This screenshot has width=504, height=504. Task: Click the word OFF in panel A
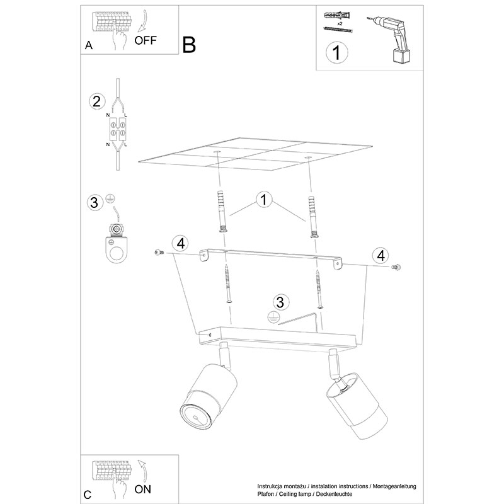(146, 40)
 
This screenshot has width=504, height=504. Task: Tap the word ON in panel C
(143, 490)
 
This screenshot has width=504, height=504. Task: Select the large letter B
(189, 45)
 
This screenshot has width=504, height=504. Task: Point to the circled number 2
(96, 101)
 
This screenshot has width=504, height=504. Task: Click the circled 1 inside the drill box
(336, 52)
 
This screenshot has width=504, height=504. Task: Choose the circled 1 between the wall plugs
(264, 199)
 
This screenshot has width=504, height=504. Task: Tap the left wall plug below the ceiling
(222, 212)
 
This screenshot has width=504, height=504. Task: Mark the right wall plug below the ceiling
(313, 217)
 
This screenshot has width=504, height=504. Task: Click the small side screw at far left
(159, 253)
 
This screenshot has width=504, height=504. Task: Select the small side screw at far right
(396, 266)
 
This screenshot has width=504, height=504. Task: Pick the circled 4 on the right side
(381, 256)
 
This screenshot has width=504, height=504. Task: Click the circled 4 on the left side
(180, 243)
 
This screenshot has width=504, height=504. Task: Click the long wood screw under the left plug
(228, 283)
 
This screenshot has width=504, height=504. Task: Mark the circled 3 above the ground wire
(280, 302)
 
